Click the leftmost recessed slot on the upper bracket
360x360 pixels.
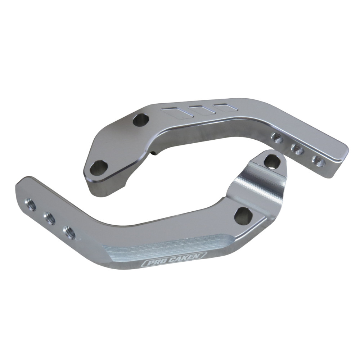[x=177, y=112]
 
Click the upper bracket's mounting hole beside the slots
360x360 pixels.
[x=141, y=119]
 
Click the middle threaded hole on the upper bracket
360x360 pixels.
[x=298, y=149]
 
